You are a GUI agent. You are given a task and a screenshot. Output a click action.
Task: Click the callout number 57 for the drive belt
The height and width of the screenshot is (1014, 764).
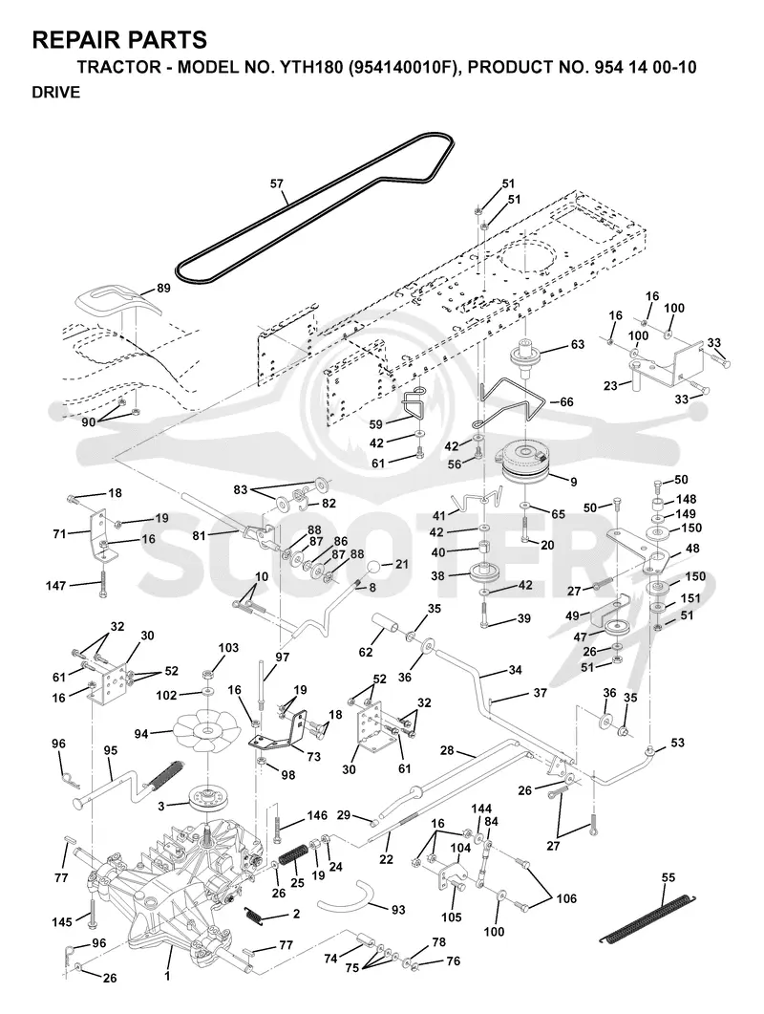(277, 184)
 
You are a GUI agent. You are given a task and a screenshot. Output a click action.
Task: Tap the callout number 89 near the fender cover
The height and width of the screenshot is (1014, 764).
(163, 289)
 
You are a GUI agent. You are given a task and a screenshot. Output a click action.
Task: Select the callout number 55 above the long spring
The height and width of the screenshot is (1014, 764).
(668, 877)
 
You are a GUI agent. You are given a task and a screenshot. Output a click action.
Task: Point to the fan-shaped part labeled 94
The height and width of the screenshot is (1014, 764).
(207, 731)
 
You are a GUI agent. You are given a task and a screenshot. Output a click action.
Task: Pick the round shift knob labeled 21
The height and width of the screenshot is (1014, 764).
(375, 569)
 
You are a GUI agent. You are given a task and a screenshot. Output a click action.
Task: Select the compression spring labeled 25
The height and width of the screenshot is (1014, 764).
(291, 858)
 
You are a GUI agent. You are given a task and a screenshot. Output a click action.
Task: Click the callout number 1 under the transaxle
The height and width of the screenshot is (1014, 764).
(167, 976)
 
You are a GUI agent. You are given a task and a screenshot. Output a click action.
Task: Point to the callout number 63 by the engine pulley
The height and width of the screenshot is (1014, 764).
(577, 344)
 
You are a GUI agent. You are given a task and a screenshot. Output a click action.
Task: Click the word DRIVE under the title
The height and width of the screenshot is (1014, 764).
(56, 93)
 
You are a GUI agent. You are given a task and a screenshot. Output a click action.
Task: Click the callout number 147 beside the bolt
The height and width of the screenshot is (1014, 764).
(56, 585)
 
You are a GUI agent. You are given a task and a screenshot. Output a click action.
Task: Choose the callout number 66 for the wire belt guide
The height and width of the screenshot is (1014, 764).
(566, 402)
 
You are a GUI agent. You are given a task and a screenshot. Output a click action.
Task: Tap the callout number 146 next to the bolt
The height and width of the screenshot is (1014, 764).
(317, 816)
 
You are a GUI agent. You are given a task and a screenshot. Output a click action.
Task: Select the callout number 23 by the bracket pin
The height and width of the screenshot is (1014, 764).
(611, 386)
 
